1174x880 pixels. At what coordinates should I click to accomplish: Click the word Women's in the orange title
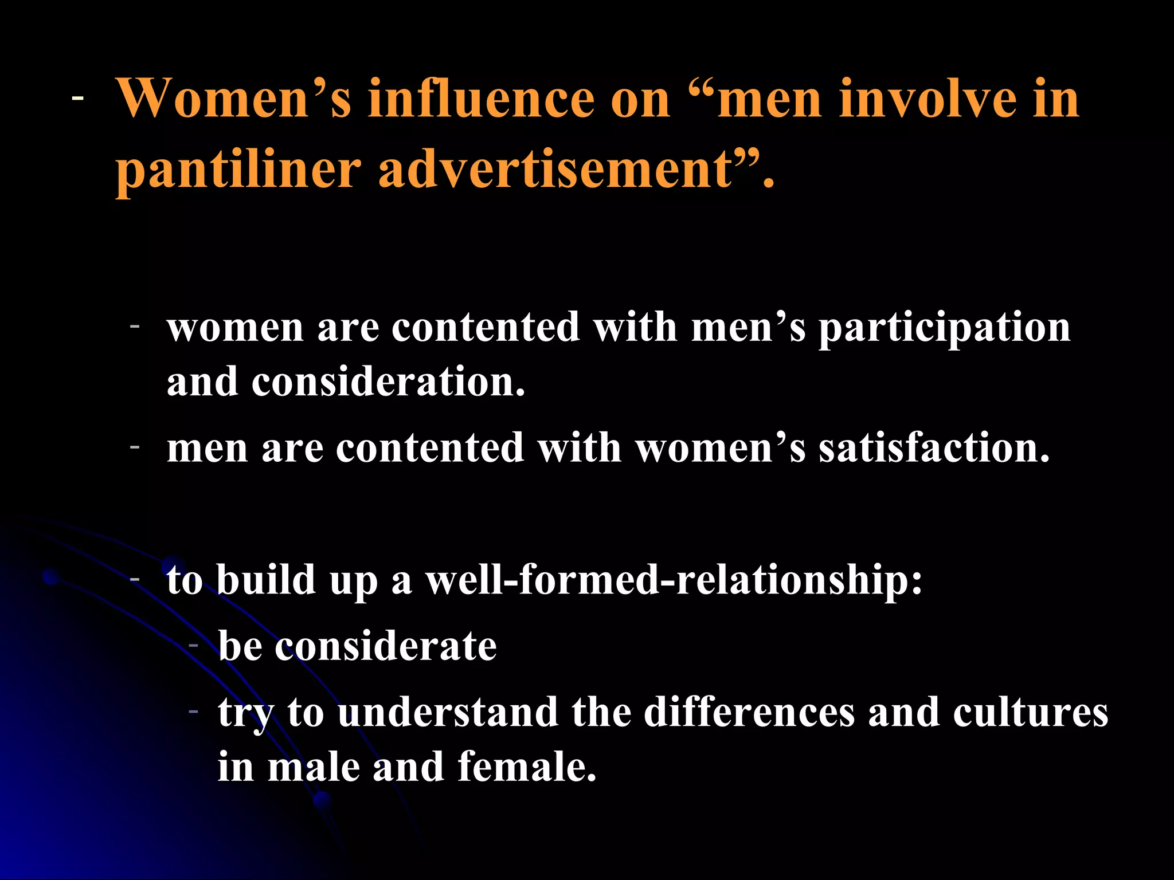pyautogui.click(x=234, y=99)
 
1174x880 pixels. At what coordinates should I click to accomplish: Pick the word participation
pyautogui.click(x=944, y=329)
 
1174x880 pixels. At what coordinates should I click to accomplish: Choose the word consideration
pyautogui.click(x=388, y=382)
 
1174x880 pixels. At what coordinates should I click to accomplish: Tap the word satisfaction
pyautogui.click(x=934, y=447)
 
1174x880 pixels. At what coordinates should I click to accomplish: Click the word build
pyautogui.click(x=266, y=579)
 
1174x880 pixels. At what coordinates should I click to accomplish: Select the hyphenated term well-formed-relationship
pyautogui.click(x=674, y=579)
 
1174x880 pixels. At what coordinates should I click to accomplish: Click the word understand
pyautogui.click(x=448, y=712)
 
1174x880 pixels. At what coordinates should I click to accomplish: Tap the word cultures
pyautogui.click(x=1030, y=712)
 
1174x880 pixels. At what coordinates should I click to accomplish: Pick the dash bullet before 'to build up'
pyautogui.click(x=135, y=579)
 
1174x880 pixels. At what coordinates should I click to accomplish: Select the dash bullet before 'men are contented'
pyautogui.click(x=135, y=446)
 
